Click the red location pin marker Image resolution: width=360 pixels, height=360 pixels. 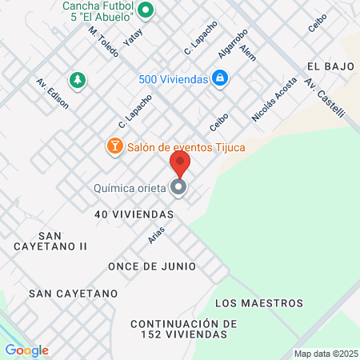point(180,164)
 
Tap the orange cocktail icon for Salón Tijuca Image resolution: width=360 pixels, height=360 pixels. point(114,146)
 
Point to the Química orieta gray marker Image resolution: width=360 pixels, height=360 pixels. point(179,188)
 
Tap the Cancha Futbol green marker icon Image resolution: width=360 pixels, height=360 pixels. point(146,11)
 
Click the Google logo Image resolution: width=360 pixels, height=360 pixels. point(26,350)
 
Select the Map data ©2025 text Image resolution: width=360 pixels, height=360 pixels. point(324,354)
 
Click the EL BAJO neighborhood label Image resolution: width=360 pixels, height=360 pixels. point(329,67)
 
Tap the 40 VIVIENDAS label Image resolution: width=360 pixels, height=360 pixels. point(134,214)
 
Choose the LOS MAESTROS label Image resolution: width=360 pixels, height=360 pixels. point(259,303)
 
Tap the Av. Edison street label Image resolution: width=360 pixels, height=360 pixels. point(52,94)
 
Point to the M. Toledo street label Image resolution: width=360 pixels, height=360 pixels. point(103,42)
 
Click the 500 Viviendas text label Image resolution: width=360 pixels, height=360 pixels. point(174,79)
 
